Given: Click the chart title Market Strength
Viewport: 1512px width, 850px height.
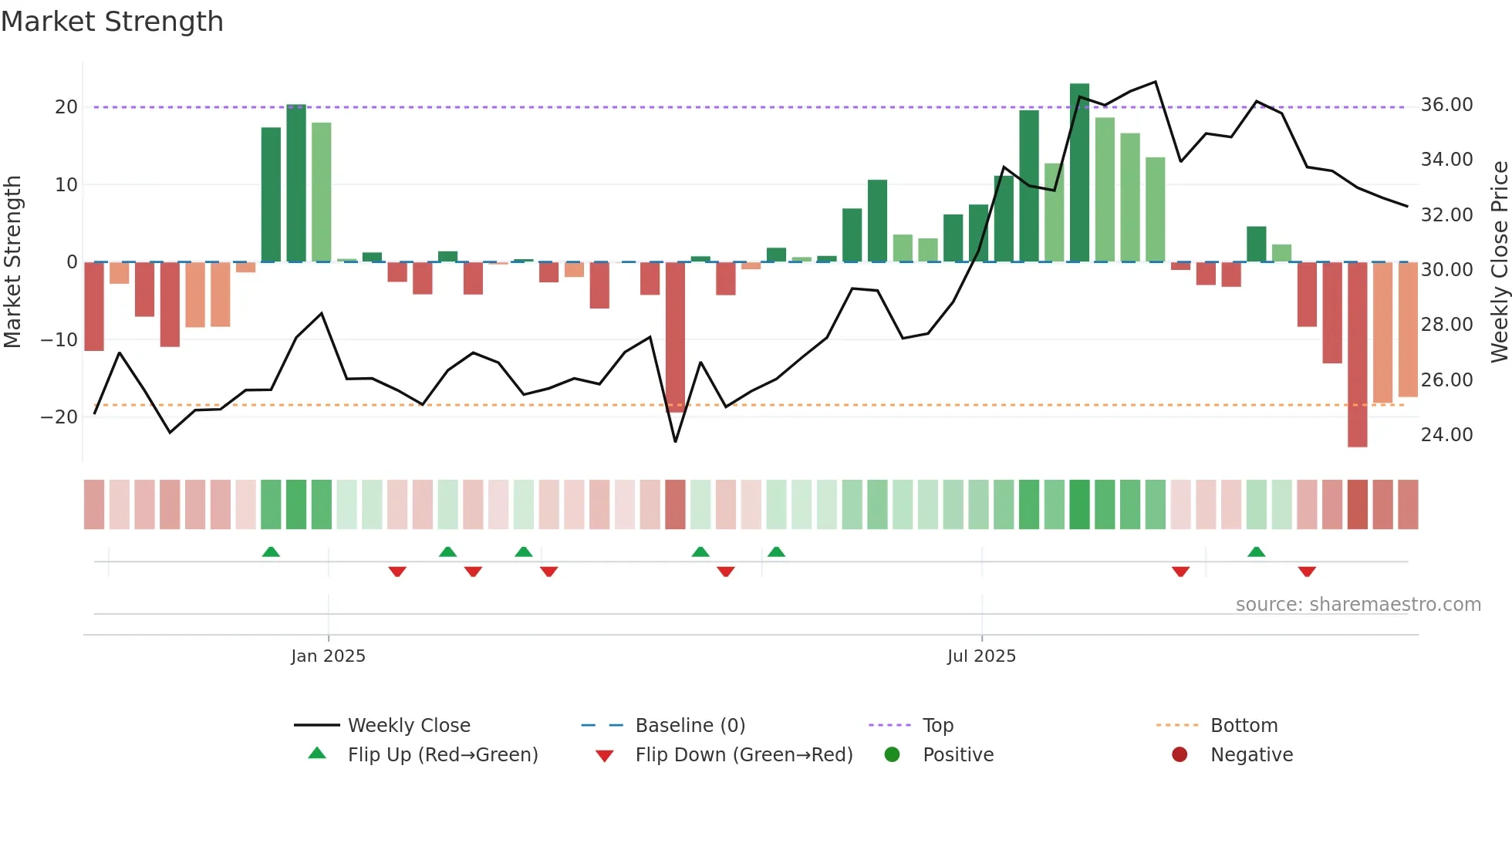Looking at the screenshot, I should coord(112,22).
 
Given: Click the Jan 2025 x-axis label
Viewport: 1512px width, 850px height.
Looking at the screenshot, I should coord(328,656).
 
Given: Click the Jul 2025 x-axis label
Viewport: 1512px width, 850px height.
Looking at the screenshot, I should coord(981,656).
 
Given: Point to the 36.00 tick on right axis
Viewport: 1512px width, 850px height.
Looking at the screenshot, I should coord(1446,105).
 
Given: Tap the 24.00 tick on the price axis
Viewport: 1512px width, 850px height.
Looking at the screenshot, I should coord(1446,435).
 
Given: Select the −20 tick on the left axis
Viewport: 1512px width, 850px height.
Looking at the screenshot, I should coord(59,417).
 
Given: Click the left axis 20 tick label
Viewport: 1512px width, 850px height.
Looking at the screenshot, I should coord(66,107).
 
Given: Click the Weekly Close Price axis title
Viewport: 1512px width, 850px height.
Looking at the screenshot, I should coord(1499,262).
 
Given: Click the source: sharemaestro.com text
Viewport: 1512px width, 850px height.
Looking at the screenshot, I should coord(1358,605).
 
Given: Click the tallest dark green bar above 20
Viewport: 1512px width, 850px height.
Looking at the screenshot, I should coord(1079,170).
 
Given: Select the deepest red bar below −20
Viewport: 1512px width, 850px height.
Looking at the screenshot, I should coord(1357,355).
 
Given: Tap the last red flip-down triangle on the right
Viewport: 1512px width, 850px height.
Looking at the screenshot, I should coord(1307,572).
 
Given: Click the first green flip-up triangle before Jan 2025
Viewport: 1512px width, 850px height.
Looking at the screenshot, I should coord(271,551).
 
